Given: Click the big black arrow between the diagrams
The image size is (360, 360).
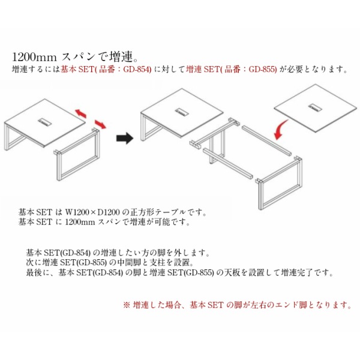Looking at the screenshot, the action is pos(125,138).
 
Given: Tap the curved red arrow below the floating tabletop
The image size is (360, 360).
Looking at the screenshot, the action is pos(281,129).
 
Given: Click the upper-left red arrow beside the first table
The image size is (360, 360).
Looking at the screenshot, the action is pos(81,113).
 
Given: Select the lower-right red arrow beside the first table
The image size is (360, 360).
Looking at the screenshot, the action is pos(100,124).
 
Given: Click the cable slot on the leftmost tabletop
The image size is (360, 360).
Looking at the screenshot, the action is pos(46,122).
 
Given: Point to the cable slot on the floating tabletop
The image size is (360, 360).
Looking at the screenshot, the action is pos(315,107).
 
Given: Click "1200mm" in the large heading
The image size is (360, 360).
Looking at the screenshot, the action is pos(34,57).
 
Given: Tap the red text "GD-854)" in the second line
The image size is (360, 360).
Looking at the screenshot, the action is pos(137,70).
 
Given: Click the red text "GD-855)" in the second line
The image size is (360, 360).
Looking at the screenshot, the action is pos(263,70).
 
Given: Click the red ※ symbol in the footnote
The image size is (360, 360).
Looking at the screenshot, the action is pos(127,305).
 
